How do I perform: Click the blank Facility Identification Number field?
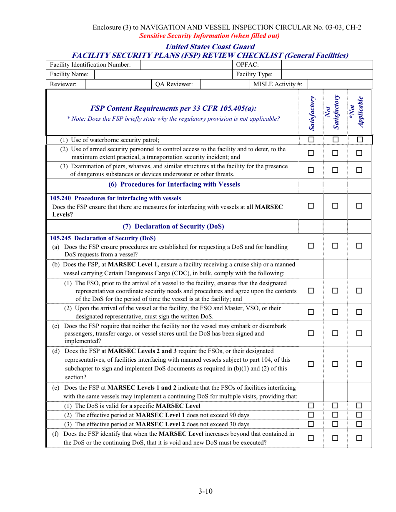(x=186, y=65)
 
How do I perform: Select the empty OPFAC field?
(x=327, y=65)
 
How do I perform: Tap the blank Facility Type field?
(x=327, y=74)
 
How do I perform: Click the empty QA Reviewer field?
(x=224, y=84)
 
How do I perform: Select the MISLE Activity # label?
(x=278, y=84)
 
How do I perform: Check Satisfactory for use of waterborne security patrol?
(x=311, y=139)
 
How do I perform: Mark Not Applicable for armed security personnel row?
(x=359, y=153)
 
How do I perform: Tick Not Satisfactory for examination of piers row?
(x=335, y=170)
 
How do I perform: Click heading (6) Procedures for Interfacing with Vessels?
(x=174, y=184)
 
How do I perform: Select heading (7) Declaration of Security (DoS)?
(x=173, y=226)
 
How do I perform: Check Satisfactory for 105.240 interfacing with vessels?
(x=311, y=206)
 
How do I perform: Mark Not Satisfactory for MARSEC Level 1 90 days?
(x=335, y=415)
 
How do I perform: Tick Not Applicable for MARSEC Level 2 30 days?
(x=359, y=424)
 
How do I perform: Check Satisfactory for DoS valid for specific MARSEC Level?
(x=311, y=405)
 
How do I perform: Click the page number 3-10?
(x=206, y=491)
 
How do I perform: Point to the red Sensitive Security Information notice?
(x=209, y=36)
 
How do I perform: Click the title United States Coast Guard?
(x=210, y=47)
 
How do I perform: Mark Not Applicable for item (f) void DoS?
(x=359, y=437)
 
